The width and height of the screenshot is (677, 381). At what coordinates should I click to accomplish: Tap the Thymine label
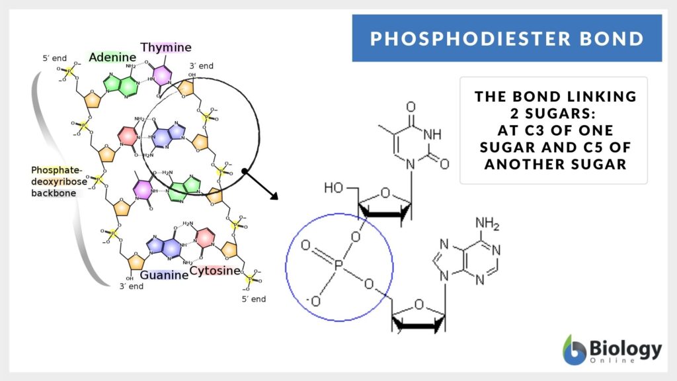click(x=165, y=48)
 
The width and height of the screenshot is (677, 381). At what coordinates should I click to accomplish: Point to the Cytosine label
click(x=214, y=270)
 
